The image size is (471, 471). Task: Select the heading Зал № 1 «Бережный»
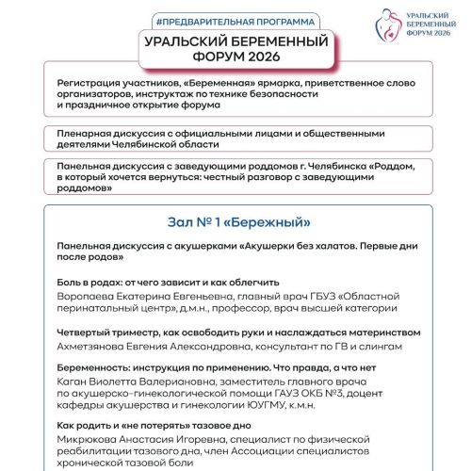235,222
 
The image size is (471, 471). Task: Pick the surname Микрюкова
91,439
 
